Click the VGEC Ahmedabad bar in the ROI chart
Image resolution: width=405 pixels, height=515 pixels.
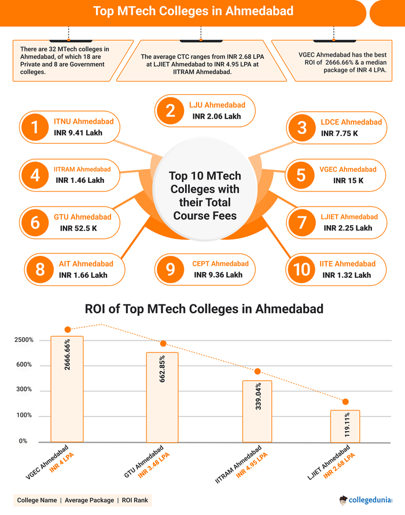coord(67,389)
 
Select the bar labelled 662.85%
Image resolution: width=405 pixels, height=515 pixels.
coord(162,397)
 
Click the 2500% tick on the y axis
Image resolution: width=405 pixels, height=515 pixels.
coord(24,340)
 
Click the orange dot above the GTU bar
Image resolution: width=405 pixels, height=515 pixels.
coord(163,344)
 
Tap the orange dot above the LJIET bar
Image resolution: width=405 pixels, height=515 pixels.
coord(345,402)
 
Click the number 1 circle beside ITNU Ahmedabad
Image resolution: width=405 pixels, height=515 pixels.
coord(36,127)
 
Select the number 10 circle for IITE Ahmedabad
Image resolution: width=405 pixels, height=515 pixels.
coord(302,270)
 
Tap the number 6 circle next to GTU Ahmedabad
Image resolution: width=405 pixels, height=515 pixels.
coord(36,222)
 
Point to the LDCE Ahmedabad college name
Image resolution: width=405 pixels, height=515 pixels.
coord(351,122)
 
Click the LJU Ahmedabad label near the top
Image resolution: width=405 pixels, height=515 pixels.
coord(217,105)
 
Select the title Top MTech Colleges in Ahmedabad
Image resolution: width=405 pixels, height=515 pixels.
coord(193,11)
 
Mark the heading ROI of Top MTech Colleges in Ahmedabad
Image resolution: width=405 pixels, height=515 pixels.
coord(204,309)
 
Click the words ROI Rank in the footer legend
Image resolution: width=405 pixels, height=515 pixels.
coord(137,500)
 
